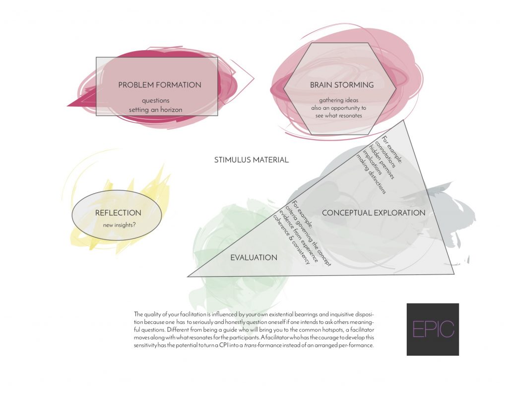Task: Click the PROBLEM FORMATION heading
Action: [160, 85]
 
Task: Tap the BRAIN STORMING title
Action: [342, 85]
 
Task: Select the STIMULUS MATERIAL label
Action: [252, 159]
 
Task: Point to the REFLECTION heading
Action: [118, 213]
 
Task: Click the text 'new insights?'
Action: [119, 225]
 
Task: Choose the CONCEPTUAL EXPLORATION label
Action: [374, 213]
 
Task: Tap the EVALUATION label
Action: [254, 258]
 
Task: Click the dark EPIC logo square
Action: [433, 329]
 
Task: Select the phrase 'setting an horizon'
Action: [155, 110]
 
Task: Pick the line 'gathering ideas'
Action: [339, 100]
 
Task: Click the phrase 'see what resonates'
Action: [339, 116]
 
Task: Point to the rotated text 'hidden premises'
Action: [381, 162]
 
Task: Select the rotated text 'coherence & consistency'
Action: [292, 239]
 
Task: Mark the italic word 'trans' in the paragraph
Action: [250, 345]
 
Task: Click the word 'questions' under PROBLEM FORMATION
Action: [155, 100]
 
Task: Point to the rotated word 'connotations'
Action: [385, 154]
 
